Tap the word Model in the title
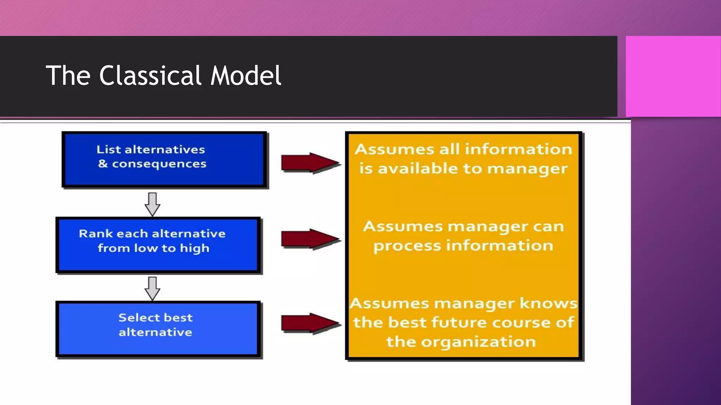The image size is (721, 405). coord(246,76)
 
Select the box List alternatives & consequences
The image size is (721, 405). coord(164,159)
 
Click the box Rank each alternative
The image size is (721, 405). coord(158,245)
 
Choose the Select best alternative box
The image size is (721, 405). coord(158,328)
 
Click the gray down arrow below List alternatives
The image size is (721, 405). coord(152,204)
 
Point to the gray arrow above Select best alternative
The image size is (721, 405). coord(152,288)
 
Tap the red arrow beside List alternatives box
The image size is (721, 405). coord(310,163)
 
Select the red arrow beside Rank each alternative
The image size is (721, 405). coord(310,239)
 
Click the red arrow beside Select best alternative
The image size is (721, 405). coord(310,323)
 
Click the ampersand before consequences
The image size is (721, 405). coord(103,163)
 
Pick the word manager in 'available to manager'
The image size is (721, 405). coord(527,169)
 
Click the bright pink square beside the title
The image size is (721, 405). coord(673,76)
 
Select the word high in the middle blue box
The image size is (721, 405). coord(194,249)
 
